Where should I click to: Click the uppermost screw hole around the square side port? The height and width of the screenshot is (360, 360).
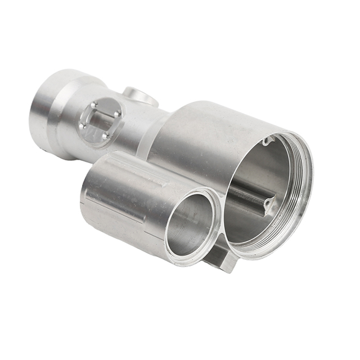(x=94, y=105)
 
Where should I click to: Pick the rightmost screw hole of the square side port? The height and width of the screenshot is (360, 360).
(x=118, y=114)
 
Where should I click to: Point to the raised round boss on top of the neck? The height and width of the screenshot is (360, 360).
(x=139, y=96)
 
